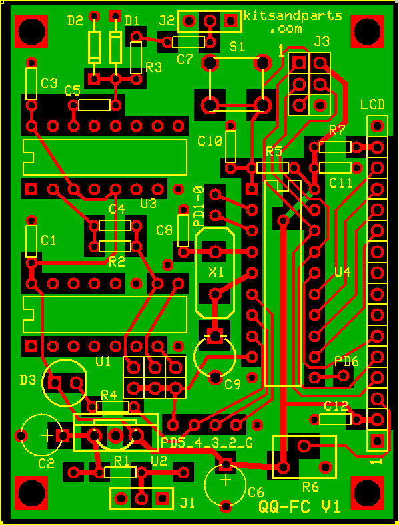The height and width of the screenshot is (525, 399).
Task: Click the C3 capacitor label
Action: (49, 83)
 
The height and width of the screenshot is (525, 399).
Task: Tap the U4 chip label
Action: (342, 273)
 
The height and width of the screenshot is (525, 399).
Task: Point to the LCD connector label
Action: (372, 104)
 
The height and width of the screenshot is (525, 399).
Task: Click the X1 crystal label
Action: (216, 273)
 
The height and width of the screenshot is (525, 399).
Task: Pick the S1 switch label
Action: (236, 47)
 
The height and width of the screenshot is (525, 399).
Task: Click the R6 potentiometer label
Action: (310, 487)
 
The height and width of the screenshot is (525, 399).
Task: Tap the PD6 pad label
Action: (346, 361)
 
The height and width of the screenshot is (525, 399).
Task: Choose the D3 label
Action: (28, 379)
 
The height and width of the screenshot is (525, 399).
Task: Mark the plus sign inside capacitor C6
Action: (226, 481)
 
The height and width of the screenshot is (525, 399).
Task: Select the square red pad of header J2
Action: (230, 21)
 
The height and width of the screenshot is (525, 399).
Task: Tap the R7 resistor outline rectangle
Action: (335, 147)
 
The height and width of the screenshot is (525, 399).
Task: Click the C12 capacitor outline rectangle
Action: (335, 419)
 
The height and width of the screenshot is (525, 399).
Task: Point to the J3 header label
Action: (321, 42)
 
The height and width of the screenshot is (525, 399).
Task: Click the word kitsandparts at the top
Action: (293, 16)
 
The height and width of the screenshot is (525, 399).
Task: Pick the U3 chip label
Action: (149, 203)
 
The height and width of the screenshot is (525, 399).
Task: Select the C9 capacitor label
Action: (232, 385)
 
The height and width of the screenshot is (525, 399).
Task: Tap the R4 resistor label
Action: (109, 397)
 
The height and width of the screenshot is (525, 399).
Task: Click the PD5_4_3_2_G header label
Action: (207, 443)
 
